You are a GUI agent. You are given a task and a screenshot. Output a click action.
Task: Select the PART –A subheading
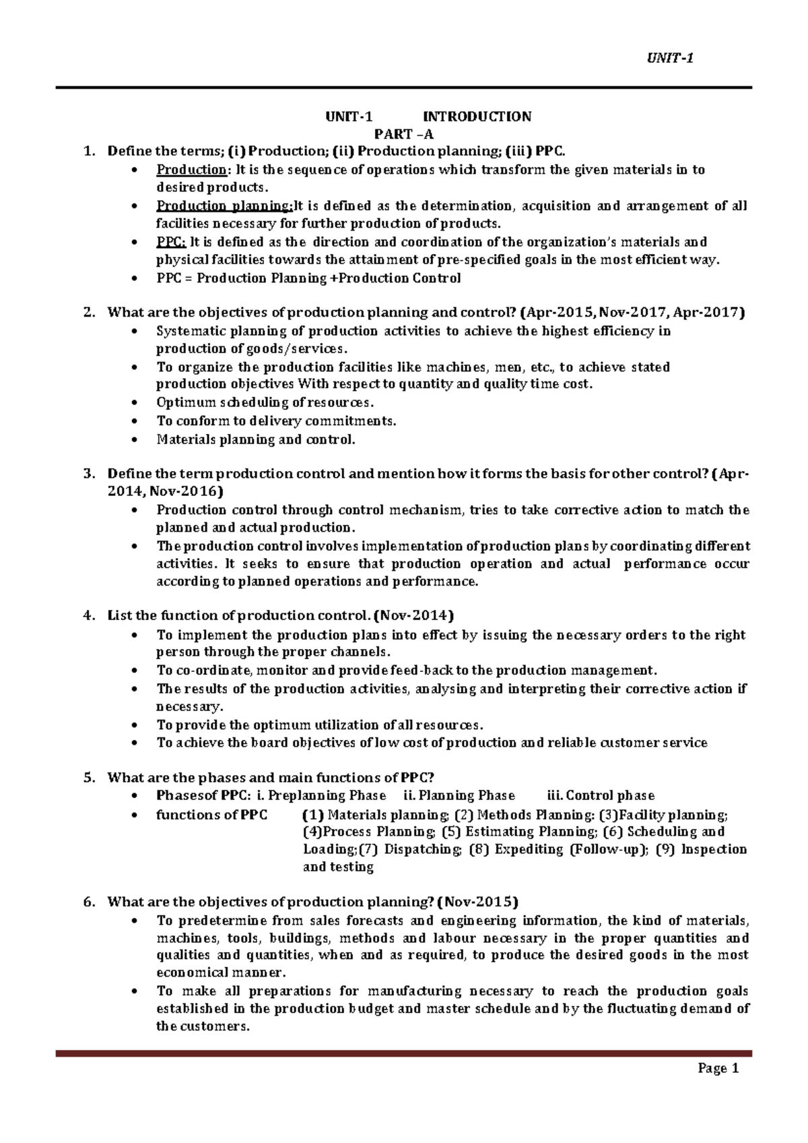click(x=404, y=133)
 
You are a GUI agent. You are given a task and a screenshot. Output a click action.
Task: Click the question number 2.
click(x=88, y=313)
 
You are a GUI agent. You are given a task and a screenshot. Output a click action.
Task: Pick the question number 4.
click(x=88, y=615)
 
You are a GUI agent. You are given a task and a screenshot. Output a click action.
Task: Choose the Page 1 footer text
click(x=718, y=1068)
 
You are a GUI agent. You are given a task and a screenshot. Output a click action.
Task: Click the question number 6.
click(x=88, y=902)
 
